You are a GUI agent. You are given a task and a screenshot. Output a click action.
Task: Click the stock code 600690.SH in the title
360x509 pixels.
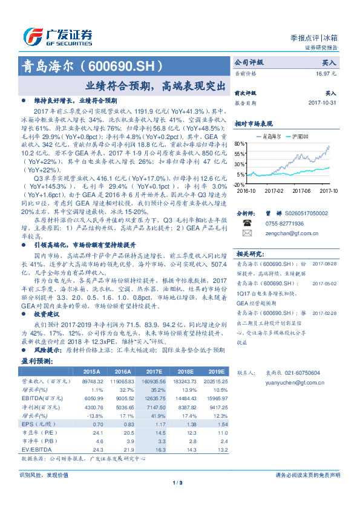point(126,65)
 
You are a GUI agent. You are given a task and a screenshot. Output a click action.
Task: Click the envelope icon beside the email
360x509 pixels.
point(247,232)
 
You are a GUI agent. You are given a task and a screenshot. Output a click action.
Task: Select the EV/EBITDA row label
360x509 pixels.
point(35,450)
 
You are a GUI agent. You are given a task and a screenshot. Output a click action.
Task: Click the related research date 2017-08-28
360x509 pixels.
point(325,264)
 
